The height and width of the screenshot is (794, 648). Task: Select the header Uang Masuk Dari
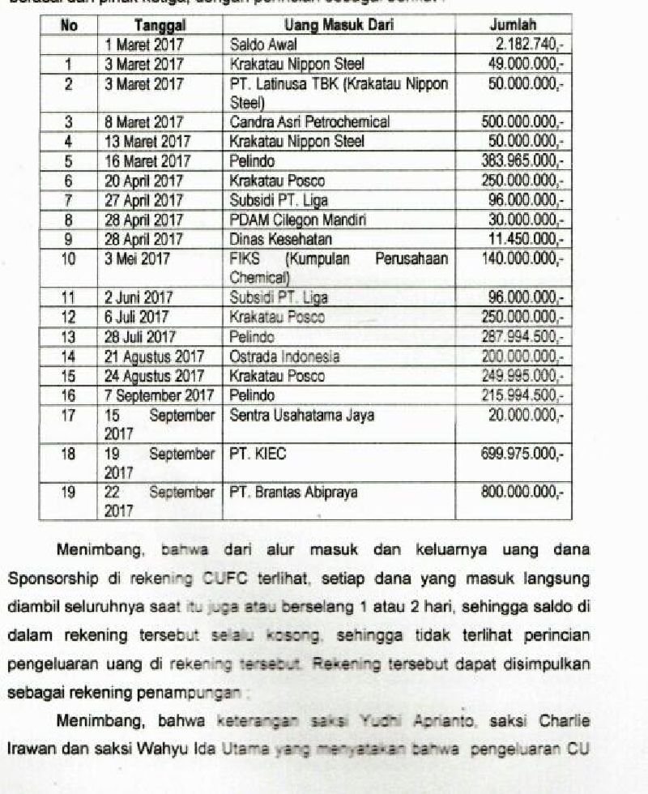[339, 26]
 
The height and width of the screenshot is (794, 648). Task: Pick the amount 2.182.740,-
[527, 45]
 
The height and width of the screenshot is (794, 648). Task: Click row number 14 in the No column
[69, 356]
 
